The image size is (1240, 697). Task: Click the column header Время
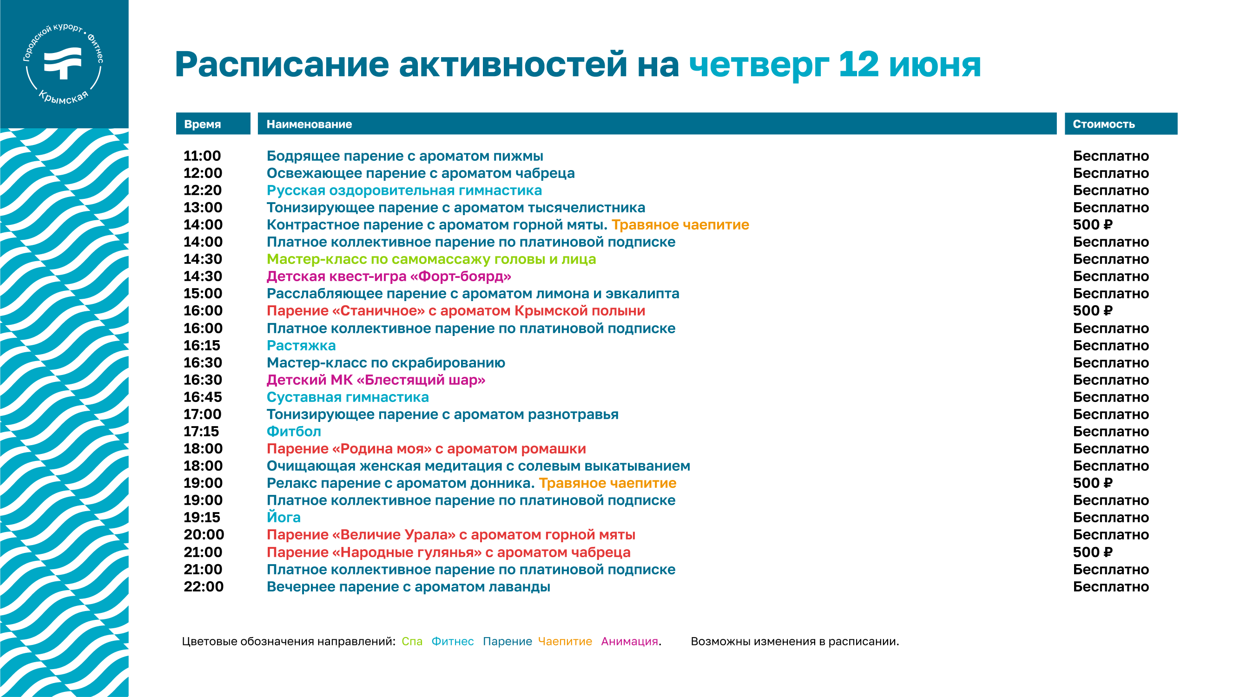click(202, 124)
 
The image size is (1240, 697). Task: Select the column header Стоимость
click(1103, 124)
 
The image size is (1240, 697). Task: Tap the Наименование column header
click(309, 124)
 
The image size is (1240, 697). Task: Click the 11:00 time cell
click(202, 156)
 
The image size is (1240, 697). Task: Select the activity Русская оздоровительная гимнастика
click(404, 191)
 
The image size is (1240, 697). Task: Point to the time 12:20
click(203, 190)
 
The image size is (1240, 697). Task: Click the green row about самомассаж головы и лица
click(431, 259)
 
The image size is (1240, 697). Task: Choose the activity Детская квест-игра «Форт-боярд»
click(389, 276)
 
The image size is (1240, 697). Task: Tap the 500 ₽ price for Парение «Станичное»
click(1092, 311)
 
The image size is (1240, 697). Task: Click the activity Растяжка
click(301, 346)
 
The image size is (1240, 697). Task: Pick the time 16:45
click(203, 397)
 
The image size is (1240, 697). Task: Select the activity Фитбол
click(294, 431)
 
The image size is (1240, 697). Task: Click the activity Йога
click(284, 517)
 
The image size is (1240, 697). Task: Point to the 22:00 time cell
click(204, 587)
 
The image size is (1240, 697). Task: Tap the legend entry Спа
click(412, 642)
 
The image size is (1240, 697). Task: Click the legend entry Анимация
click(630, 642)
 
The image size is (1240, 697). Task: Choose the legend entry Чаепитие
click(565, 642)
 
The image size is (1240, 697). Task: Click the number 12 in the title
click(858, 64)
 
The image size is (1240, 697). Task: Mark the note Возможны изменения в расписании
click(795, 642)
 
